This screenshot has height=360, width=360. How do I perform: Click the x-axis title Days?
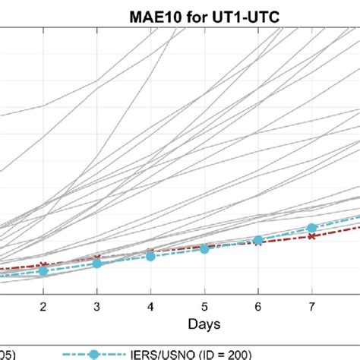205,324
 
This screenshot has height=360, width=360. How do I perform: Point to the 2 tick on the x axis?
43,305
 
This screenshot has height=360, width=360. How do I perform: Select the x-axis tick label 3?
97,305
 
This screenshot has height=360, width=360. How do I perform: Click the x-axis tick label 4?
150,305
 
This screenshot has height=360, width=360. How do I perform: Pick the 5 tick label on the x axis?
204,305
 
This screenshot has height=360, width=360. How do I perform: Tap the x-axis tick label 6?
258,305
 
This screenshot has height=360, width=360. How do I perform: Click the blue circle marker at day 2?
43,270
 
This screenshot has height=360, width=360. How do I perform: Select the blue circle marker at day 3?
97,263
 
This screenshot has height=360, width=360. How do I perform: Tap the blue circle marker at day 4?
150,256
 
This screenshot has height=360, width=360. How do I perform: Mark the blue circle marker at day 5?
204,248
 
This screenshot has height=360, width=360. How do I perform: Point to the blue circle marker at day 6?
258,240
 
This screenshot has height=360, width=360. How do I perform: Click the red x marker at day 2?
43,264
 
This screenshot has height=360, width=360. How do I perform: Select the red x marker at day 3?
97,259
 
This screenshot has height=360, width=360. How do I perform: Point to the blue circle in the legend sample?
93,352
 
